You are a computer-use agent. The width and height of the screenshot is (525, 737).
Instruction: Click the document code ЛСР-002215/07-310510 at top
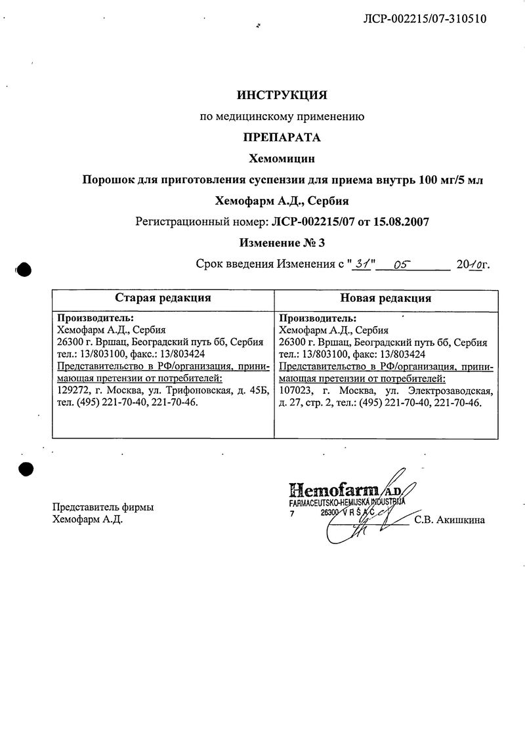point(425,19)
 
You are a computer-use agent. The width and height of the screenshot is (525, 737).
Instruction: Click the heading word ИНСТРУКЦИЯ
point(282,96)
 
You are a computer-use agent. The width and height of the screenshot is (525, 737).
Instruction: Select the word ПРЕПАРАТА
point(282,137)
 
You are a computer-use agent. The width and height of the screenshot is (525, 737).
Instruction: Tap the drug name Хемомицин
point(282,158)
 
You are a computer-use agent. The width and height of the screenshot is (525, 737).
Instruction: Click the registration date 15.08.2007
point(402,222)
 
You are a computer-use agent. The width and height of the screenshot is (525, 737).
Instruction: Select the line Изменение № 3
point(282,243)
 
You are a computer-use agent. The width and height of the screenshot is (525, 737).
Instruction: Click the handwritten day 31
point(360,264)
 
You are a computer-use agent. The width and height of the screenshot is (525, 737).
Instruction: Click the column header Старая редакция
point(163,298)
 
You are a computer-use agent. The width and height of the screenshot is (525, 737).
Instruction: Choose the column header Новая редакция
point(385,298)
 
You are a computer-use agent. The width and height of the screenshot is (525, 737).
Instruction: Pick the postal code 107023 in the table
point(295,391)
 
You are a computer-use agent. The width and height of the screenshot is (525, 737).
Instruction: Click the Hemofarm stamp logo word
point(333,489)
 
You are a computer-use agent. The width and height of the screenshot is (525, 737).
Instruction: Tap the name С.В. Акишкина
point(450,521)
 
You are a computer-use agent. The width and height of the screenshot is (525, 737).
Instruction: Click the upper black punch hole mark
point(24,270)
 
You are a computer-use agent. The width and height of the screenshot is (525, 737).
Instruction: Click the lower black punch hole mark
point(24,469)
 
